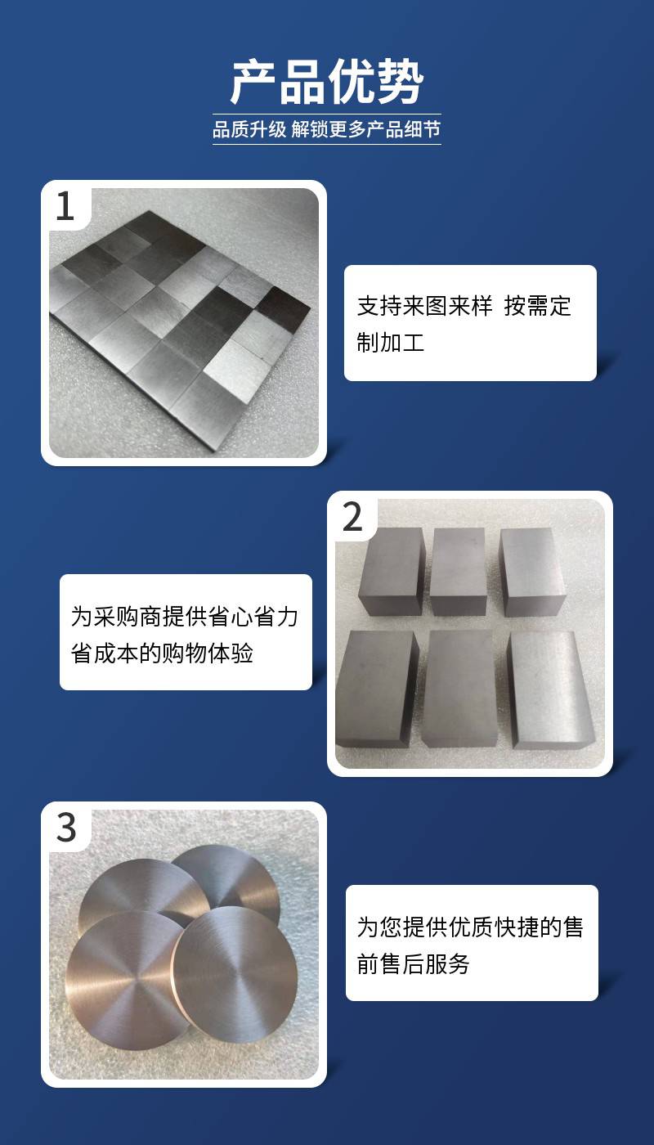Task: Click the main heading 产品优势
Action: coord(327,82)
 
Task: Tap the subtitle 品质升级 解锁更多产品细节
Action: coord(326,129)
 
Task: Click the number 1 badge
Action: coord(65,206)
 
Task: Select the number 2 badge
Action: coord(352,517)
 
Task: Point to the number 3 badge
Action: coord(66,828)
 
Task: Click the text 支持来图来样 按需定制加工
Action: coord(464,324)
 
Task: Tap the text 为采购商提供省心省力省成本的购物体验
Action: coord(185,635)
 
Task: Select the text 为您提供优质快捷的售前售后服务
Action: coord(470,945)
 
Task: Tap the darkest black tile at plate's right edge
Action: coord(284,308)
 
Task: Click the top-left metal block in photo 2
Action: coord(392,571)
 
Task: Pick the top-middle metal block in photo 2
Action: coord(458,572)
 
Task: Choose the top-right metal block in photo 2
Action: coord(531,572)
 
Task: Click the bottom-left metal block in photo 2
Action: coord(377,688)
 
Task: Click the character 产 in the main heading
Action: coord(254,82)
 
